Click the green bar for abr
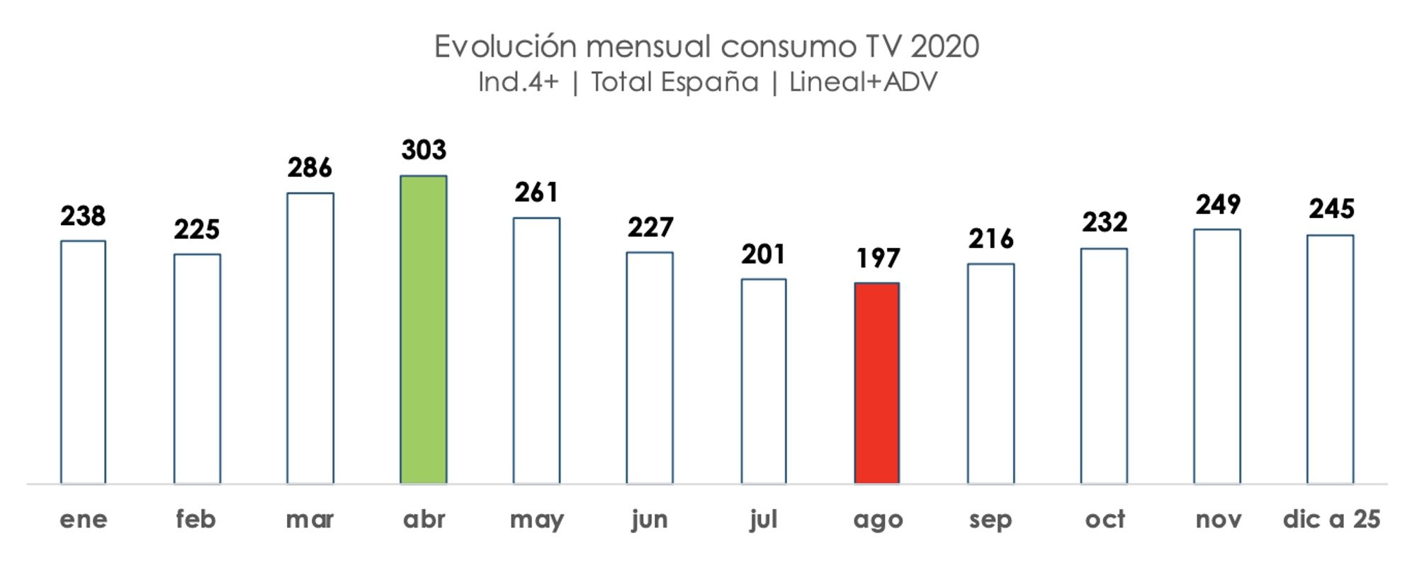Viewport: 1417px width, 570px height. click(424, 329)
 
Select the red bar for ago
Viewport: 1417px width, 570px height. click(876, 383)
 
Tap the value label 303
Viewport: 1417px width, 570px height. click(424, 150)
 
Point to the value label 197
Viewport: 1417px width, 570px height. click(877, 258)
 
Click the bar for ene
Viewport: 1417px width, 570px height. click(84, 362)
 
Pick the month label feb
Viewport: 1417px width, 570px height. click(196, 519)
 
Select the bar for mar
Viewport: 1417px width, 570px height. click(310, 338)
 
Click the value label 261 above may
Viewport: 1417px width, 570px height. click(536, 193)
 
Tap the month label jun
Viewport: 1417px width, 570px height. click(650, 520)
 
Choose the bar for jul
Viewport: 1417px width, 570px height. click(764, 381)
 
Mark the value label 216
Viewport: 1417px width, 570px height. click(990, 239)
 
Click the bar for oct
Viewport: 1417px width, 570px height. click(1104, 365)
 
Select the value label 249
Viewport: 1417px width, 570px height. click(1218, 205)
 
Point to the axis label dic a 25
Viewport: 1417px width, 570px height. click(1331, 519)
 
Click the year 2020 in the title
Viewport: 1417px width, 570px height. click(944, 47)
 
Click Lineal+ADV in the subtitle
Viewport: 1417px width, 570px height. click(863, 82)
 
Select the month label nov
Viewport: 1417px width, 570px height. click(1218, 520)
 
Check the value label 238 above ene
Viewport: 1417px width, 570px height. click(83, 216)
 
